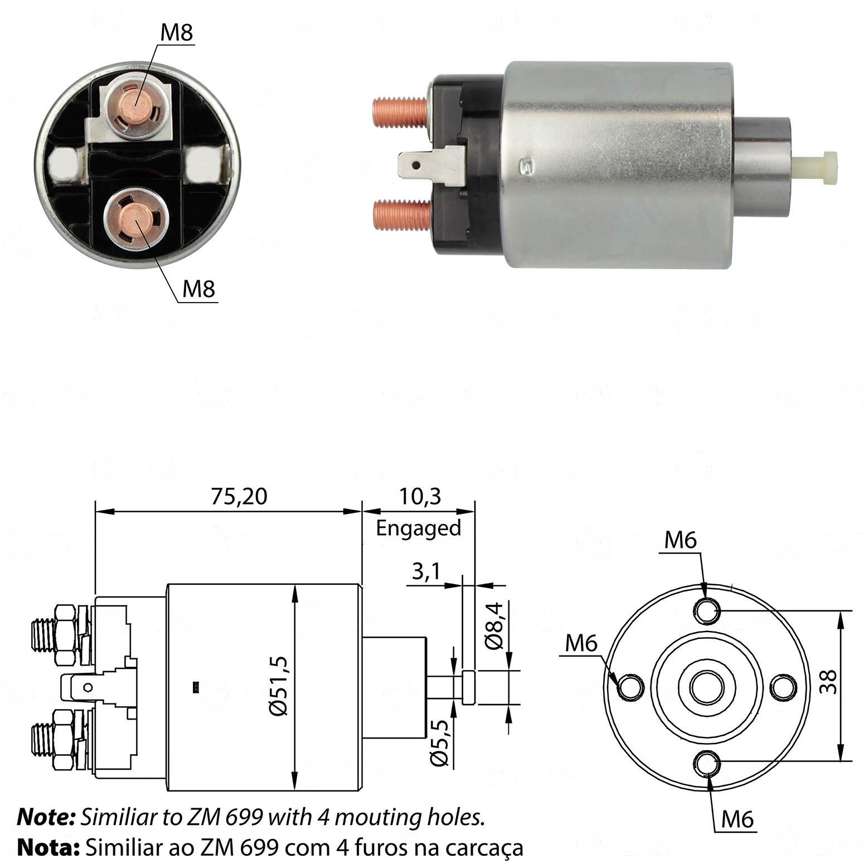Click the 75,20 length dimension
pos(239,496)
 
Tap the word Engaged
pos(419,527)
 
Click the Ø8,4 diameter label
pos(494,625)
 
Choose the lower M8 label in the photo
pos(198,289)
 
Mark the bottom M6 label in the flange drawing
pos(737,819)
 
